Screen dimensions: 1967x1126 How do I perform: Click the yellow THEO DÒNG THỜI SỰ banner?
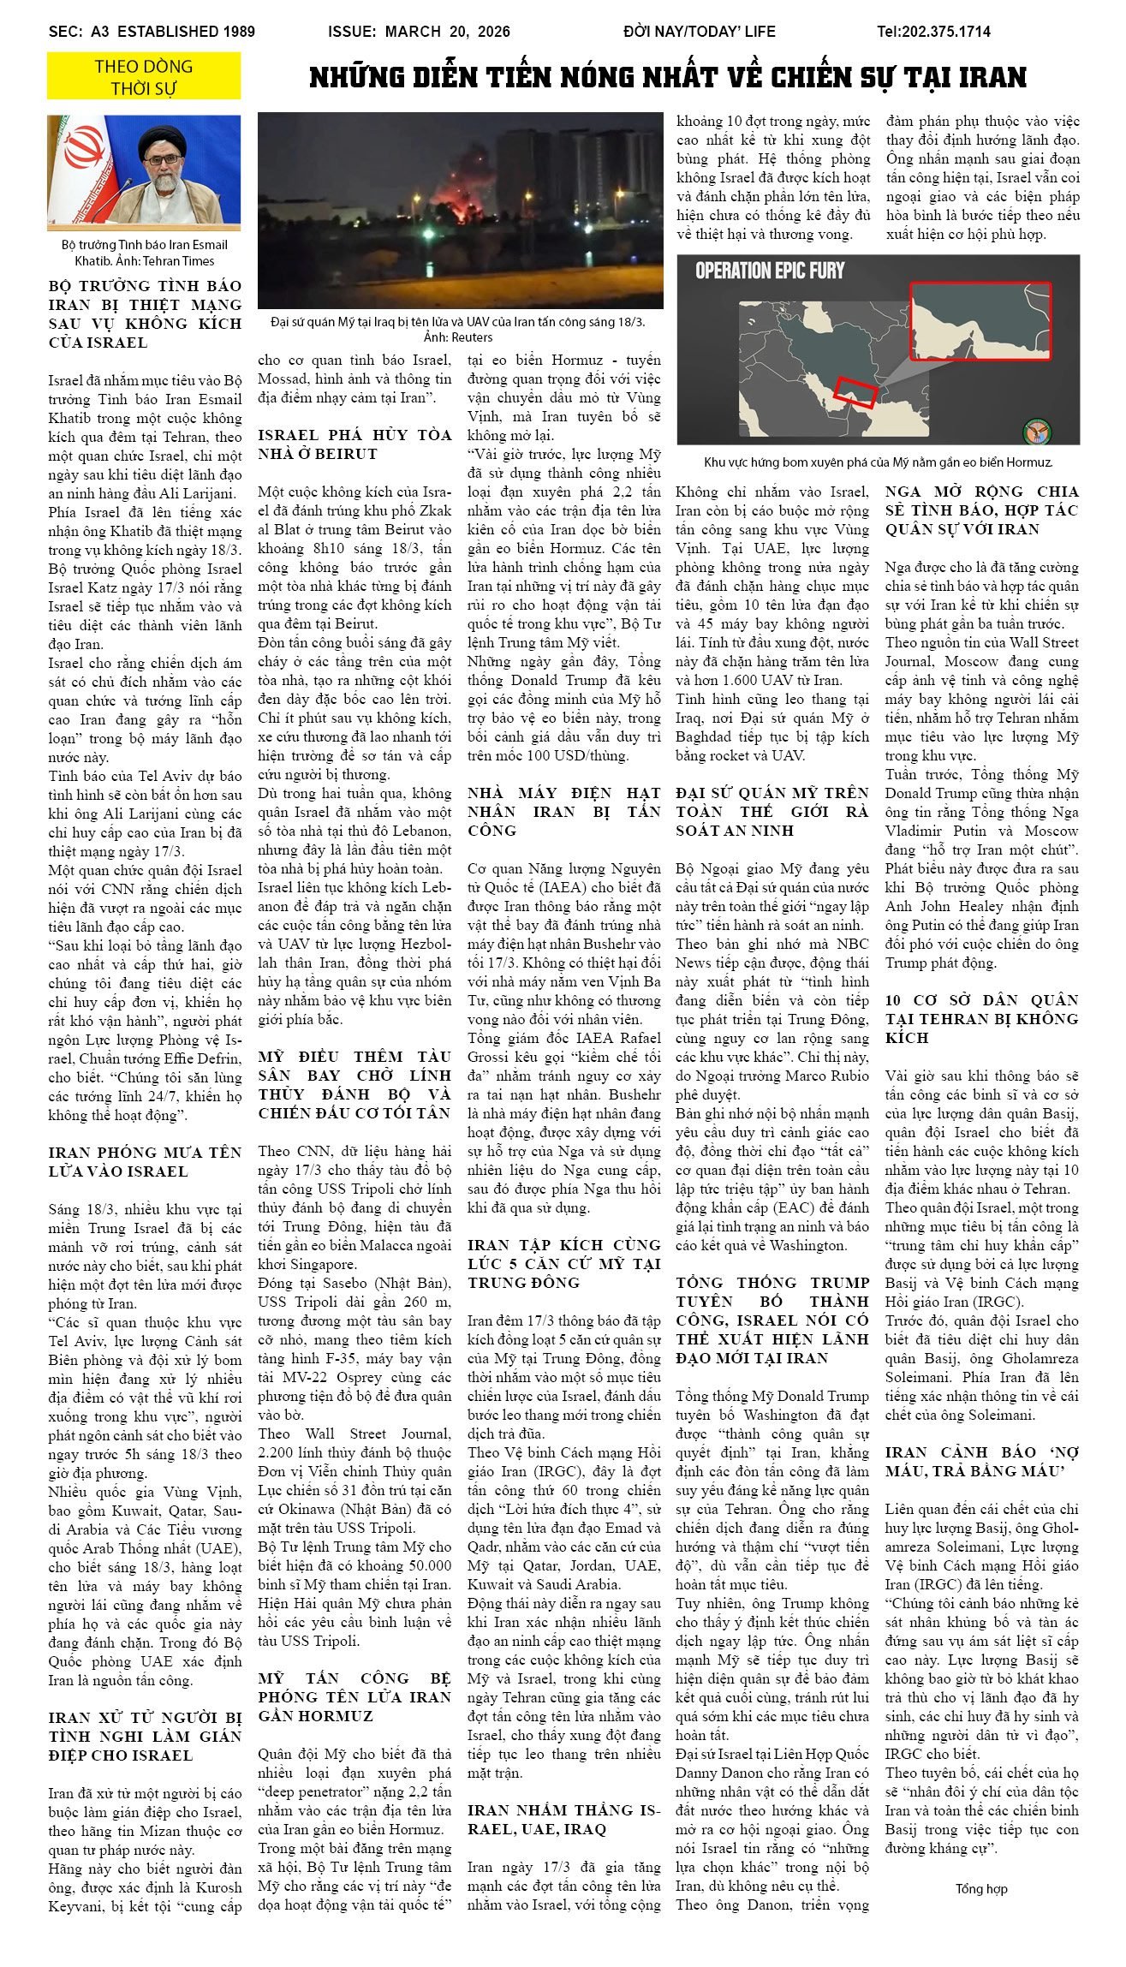(x=144, y=77)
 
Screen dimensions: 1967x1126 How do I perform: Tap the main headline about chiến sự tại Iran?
(x=668, y=78)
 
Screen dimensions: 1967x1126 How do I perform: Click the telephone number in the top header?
(x=933, y=32)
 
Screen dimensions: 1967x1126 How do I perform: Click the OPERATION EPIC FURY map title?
(x=770, y=271)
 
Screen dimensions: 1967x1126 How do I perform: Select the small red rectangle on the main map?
(x=855, y=391)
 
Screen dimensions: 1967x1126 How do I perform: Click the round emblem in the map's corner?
(x=1038, y=429)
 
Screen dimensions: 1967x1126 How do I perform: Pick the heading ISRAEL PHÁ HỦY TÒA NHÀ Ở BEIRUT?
(x=354, y=444)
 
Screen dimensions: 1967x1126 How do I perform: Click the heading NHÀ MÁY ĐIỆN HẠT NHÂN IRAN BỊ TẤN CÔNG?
(x=563, y=811)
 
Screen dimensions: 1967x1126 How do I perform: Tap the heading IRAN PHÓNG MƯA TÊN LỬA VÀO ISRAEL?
(x=145, y=1161)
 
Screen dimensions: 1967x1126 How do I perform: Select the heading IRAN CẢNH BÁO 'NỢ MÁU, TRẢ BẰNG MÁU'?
(x=982, y=1461)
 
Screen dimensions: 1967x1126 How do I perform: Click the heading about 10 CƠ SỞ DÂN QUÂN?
(x=982, y=1018)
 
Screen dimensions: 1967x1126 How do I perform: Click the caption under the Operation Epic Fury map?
(x=878, y=462)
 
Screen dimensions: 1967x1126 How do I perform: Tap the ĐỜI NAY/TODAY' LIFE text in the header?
(x=700, y=32)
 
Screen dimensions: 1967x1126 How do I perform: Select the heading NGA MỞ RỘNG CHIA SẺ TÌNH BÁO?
(x=982, y=510)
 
